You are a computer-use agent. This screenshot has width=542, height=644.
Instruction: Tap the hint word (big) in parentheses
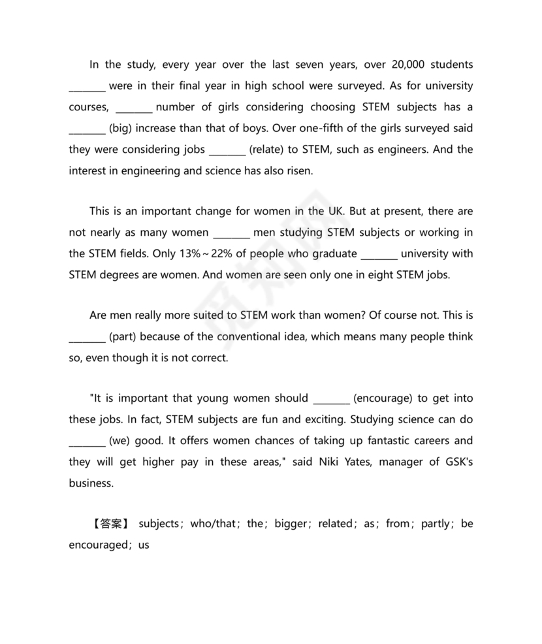pos(121,128)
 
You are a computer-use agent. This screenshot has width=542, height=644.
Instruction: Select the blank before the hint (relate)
pos(227,150)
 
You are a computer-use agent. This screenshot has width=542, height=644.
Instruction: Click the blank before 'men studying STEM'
pos(232,233)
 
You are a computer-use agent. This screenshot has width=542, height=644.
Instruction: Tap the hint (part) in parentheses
pos(123,337)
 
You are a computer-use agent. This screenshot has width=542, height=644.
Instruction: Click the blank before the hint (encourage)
pos(332,398)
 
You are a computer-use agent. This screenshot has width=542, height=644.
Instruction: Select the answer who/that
pos(212,524)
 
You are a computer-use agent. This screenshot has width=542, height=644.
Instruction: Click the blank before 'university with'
pos(379,253)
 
